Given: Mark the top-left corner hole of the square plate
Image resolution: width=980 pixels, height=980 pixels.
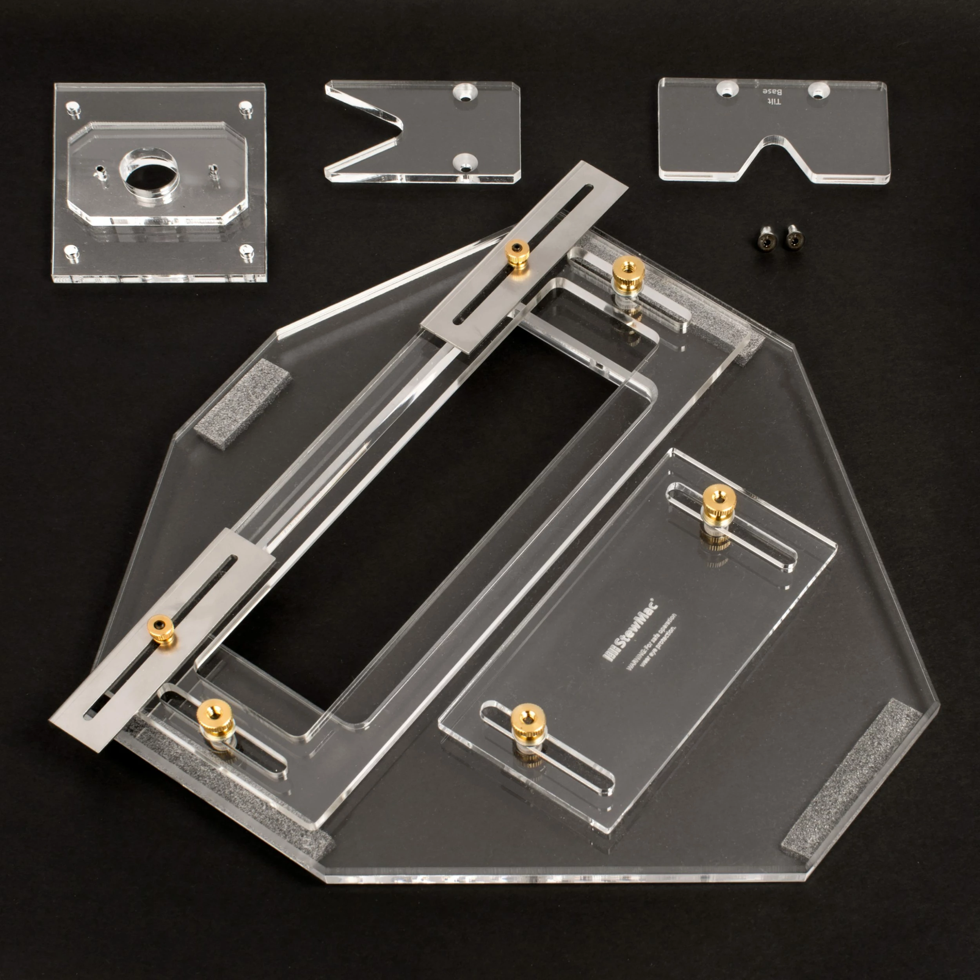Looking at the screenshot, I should point(72,109).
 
